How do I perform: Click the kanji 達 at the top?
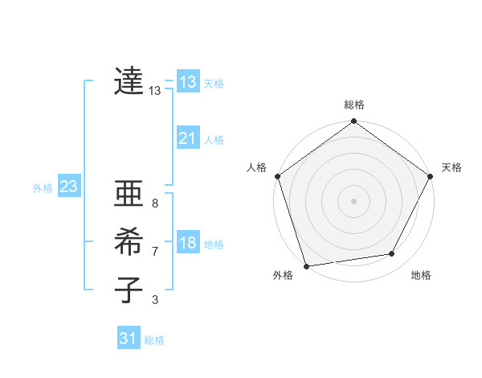129,81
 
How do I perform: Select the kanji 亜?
129,195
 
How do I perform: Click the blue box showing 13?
187,82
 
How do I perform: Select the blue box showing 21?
187,138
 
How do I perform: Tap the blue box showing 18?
187,243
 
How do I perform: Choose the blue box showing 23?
68,187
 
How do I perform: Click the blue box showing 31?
128,339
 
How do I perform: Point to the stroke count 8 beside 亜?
154,204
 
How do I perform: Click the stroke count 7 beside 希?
154,252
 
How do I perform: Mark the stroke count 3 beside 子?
154,300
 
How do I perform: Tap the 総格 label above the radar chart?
354,105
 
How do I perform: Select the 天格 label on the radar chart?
451,167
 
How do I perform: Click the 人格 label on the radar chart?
256,167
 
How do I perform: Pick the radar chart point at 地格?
392,254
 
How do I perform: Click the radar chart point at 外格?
307,266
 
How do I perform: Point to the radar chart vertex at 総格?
353,122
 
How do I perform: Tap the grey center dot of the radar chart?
353,200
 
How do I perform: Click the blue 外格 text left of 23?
43,188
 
